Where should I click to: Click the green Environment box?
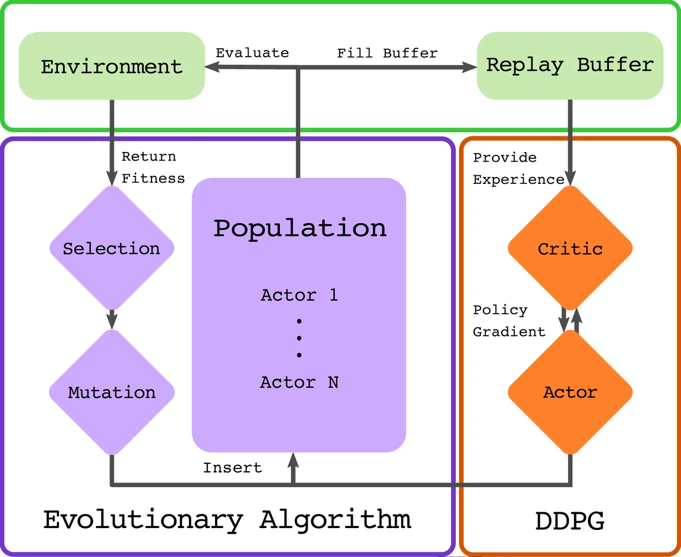pos(111,66)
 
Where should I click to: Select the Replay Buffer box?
pos(570,65)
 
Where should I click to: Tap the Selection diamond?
pos(111,248)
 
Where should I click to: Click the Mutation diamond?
pos(111,392)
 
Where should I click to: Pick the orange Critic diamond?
pos(570,248)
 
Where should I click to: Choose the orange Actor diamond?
pos(570,392)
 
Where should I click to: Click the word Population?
pos(300,228)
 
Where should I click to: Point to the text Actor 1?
pos(299,295)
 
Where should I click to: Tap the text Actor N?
pos(299,382)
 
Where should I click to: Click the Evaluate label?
pos(252,53)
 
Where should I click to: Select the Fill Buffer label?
pos(387,53)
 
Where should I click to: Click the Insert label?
pos(233,468)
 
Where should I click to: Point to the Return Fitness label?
pos(153,167)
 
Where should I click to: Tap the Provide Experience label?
pos(518,168)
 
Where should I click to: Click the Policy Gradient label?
pos(508,321)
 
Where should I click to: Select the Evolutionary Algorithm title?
pos(227,520)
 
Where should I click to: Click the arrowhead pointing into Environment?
pos(211,67)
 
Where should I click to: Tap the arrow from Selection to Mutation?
pos(112,319)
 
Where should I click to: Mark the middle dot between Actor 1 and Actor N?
pos(299,338)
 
